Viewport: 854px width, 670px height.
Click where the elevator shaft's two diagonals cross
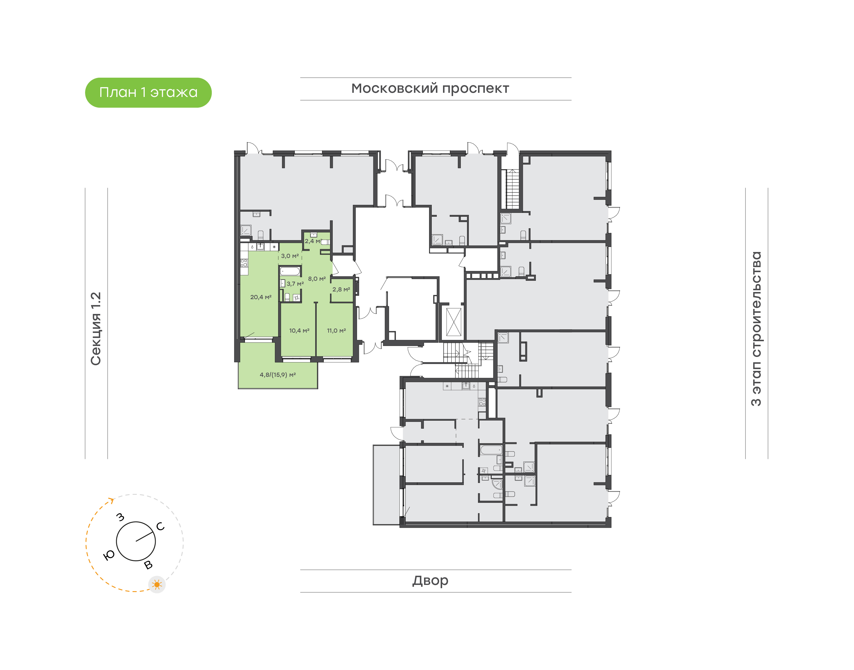[x=454, y=322]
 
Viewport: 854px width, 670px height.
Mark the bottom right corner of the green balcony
[x=318, y=389]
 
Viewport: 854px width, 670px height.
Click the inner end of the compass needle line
[x=136, y=541]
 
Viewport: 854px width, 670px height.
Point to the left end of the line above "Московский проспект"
[x=300, y=78]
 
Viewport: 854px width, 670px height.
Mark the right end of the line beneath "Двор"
[x=571, y=592]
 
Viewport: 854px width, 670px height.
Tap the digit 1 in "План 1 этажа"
[x=143, y=92]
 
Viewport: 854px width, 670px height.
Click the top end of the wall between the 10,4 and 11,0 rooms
[x=316, y=302]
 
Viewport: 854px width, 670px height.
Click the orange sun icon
[x=157, y=585]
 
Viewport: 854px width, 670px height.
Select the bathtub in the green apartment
[x=290, y=271]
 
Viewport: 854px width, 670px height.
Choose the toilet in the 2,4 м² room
[x=325, y=242]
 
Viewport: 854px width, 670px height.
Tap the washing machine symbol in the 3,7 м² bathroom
[x=296, y=298]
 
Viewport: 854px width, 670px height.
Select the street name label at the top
[x=430, y=89]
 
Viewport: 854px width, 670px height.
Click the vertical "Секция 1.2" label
[x=96, y=329]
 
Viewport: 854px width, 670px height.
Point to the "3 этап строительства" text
[x=756, y=329]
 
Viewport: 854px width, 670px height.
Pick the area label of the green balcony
[x=278, y=375]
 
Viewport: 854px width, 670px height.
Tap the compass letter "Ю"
[x=109, y=555]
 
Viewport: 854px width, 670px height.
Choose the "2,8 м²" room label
[x=341, y=290]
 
